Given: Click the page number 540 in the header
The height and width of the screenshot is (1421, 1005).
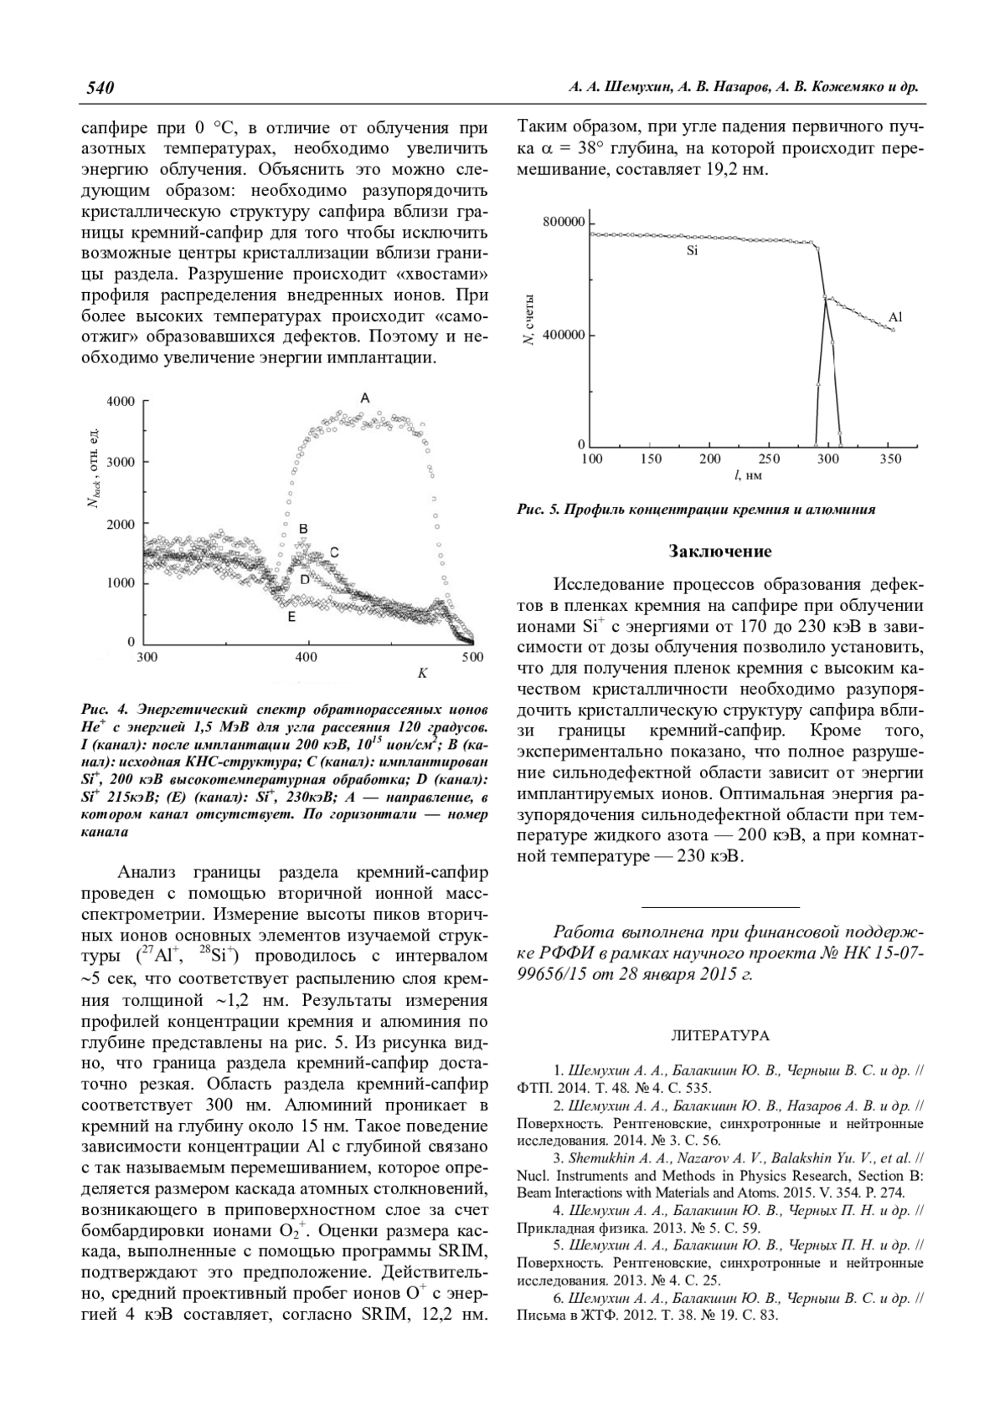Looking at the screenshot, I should pyautogui.click(x=99, y=88).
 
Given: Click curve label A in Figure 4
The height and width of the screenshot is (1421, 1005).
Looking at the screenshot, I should pyautogui.click(x=365, y=398).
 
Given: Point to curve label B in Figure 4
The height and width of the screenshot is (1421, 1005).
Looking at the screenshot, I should pyautogui.click(x=304, y=529).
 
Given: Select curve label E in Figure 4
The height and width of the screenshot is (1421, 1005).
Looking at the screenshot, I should pyautogui.click(x=291, y=617).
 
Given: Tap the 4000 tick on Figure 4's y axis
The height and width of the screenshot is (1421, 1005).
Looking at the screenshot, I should pyautogui.click(x=121, y=402).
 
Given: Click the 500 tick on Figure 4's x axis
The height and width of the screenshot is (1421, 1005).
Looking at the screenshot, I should pyautogui.click(x=472, y=657).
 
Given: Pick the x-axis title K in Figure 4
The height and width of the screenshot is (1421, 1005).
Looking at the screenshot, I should pyautogui.click(x=423, y=673).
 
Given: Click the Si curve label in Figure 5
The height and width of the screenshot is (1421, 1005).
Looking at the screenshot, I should pyautogui.click(x=692, y=250).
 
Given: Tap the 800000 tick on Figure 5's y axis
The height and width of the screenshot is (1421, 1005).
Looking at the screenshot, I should pyautogui.click(x=564, y=223).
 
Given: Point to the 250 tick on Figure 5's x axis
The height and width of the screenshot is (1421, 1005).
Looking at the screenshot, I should pyautogui.click(x=769, y=459).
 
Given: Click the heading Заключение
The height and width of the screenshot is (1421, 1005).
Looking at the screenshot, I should pyautogui.click(x=720, y=551).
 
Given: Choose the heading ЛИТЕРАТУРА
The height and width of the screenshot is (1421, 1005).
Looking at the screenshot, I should pyautogui.click(x=720, y=1036).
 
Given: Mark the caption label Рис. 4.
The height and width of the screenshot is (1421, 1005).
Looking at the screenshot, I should pyautogui.click(x=100, y=705).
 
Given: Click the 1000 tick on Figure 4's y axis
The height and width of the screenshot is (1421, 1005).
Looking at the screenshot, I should pyautogui.click(x=121, y=583).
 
